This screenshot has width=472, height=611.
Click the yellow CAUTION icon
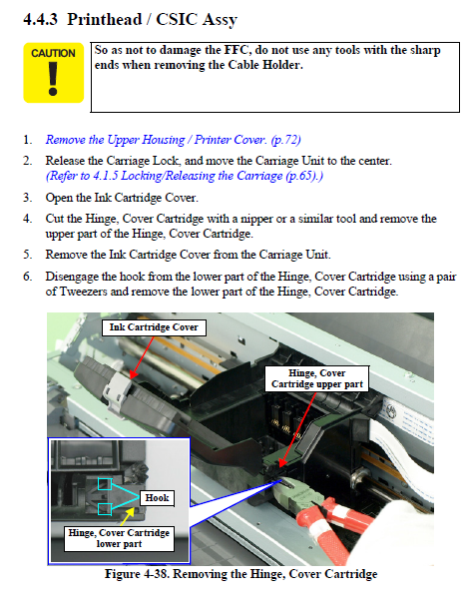click(x=53, y=73)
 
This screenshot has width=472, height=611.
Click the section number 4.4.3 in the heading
click(x=40, y=19)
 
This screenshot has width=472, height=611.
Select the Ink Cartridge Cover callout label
click(x=154, y=327)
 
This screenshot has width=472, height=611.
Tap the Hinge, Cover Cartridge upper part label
click(x=317, y=378)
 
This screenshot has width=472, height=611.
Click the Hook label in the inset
click(x=157, y=497)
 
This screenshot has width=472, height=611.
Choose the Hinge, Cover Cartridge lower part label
click(x=119, y=538)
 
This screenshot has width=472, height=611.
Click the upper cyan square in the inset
click(x=105, y=484)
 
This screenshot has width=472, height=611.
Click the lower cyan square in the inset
click(x=105, y=509)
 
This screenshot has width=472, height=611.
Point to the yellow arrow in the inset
click(x=128, y=516)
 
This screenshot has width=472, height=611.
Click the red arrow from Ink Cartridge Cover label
click(x=142, y=357)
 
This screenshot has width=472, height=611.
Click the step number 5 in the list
click(x=27, y=255)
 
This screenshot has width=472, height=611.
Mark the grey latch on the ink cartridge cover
click(x=118, y=392)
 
